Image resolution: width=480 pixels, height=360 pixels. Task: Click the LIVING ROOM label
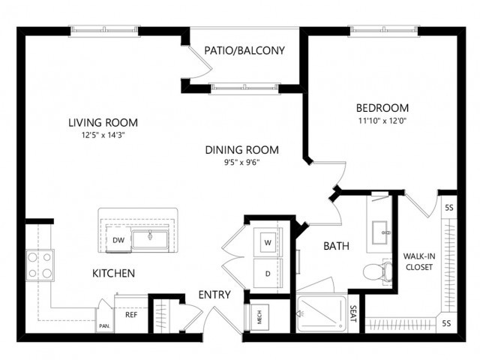103,123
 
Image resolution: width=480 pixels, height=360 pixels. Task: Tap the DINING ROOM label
241,150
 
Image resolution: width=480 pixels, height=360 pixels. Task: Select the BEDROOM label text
382,107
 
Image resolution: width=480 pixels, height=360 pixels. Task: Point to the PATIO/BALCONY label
244,51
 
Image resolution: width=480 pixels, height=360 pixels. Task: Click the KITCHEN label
113,274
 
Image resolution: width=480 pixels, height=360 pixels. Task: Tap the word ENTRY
214,295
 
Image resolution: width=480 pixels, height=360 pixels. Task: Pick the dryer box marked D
267,274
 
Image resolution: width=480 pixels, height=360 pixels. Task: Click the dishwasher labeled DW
118,240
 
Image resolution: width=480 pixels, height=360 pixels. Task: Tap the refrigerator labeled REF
130,314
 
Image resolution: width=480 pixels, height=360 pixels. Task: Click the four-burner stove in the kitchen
39,265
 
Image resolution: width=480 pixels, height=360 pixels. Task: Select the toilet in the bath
372,271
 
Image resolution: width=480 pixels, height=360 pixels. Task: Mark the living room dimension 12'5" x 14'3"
103,136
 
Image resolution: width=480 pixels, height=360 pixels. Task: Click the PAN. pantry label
103,327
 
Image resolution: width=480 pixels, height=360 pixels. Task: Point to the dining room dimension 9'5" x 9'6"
241,163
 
